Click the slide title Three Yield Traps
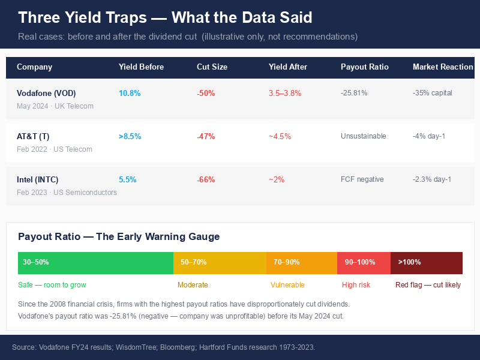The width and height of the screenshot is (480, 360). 165,17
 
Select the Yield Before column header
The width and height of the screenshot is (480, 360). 141,67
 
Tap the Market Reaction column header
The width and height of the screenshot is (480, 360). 443,67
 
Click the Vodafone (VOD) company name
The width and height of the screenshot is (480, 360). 46,94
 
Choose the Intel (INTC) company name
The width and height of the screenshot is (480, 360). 38,180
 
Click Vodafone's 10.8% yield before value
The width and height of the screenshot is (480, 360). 130,94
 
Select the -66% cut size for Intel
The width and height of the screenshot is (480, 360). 206,180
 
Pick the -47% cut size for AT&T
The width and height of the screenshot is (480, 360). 206,137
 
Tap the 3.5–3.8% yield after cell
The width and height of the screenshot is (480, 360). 285,94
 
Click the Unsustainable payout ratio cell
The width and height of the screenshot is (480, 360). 364,137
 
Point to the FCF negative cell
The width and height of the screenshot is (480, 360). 362,180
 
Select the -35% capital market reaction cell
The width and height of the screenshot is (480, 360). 432,94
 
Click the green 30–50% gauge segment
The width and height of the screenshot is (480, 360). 95,263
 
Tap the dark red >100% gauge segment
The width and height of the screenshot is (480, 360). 426,263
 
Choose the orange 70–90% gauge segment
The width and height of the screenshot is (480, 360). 301,263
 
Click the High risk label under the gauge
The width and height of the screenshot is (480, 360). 356,285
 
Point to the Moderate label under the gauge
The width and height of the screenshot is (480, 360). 193,285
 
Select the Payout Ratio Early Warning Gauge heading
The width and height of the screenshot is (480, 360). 119,237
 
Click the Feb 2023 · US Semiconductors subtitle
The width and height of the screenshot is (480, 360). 67,193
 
